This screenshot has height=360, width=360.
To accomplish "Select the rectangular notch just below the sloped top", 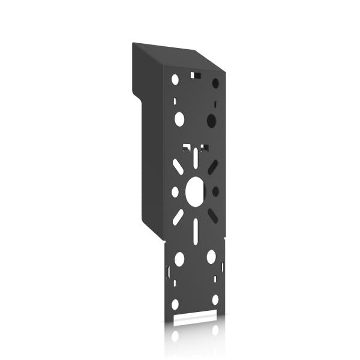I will [x=195, y=76].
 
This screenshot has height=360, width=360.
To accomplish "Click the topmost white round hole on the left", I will [x=175, y=79].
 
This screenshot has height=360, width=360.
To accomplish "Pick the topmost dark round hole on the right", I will [x=215, y=83].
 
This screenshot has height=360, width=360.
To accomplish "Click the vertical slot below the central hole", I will [x=196, y=230].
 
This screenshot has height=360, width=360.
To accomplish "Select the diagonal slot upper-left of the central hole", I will [x=178, y=167].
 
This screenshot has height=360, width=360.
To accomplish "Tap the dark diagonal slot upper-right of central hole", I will [x=213, y=167].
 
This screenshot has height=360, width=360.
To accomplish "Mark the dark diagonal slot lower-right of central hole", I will [x=212, y=216].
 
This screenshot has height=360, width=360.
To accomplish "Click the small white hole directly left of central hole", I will [x=175, y=192].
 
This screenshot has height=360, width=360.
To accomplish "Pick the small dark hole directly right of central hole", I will [x=215, y=191].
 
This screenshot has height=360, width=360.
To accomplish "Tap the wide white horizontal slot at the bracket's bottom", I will [x=195, y=314].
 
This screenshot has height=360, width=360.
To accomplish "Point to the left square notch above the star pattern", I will [x=187, y=146].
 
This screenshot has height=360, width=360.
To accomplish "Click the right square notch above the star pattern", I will [x=205, y=146].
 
